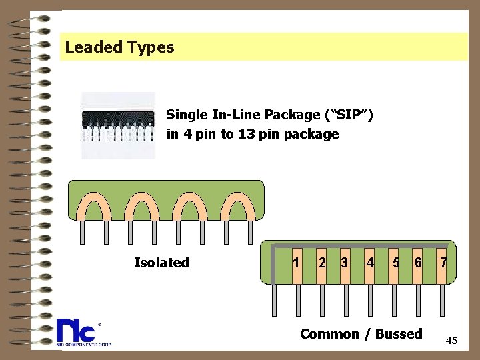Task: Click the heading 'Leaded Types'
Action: click(x=119, y=47)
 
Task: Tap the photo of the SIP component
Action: click(x=118, y=125)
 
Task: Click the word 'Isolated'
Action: click(x=161, y=263)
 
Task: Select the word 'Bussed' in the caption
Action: click(x=399, y=334)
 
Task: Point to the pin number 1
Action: click(x=296, y=263)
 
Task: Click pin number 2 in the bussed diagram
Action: click(x=322, y=263)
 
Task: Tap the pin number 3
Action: click(x=344, y=263)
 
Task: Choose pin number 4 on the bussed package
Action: click(x=370, y=263)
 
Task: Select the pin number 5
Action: click(x=396, y=263)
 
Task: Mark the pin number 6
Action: click(x=418, y=263)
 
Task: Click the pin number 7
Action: click(x=443, y=263)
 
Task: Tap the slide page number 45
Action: click(x=451, y=341)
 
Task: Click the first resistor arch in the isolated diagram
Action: click(x=94, y=206)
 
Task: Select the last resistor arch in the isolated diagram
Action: click(x=238, y=206)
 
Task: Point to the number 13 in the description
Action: click(x=257, y=134)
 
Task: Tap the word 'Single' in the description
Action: click(x=187, y=115)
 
